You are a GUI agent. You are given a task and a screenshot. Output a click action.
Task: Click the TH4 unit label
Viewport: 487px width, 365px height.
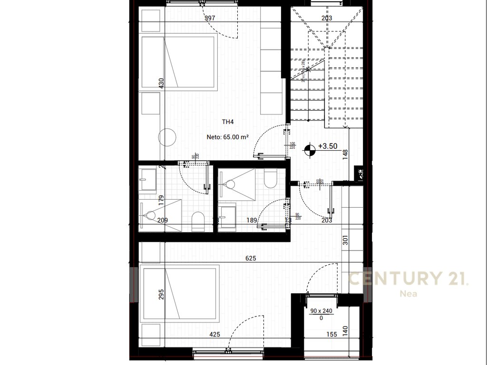pyautogui.click(x=228, y=122)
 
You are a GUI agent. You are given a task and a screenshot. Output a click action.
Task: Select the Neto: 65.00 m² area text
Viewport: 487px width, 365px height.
pyautogui.click(x=228, y=136)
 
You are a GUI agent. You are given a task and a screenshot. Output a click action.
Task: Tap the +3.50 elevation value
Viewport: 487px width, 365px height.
pyautogui.click(x=328, y=146)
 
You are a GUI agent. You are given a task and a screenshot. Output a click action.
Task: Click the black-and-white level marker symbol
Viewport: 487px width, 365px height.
pyautogui.click(x=311, y=149)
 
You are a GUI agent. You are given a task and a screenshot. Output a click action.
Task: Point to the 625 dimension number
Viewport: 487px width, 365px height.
pyautogui.click(x=251, y=259)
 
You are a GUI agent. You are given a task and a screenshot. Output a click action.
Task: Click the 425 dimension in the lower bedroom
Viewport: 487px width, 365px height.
pyautogui.click(x=215, y=334)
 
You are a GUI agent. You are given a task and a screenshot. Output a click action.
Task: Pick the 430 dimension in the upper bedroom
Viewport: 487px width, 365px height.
pyautogui.click(x=161, y=83)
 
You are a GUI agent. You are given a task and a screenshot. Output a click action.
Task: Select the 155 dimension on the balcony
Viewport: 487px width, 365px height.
pyautogui.click(x=331, y=334)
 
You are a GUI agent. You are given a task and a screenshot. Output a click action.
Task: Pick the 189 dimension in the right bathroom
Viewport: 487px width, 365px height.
pyautogui.click(x=252, y=220)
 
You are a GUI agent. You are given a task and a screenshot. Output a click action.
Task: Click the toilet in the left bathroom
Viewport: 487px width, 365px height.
pyautogui.click(x=198, y=222)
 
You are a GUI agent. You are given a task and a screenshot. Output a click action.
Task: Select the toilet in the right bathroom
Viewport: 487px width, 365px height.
pyautogui.click(x=269, y=179)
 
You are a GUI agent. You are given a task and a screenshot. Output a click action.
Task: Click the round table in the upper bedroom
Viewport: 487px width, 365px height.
pyautogui.click(x=167, y=137)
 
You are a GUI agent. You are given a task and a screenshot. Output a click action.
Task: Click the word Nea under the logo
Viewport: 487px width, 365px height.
pyautogui.click(x=408, y=294)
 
